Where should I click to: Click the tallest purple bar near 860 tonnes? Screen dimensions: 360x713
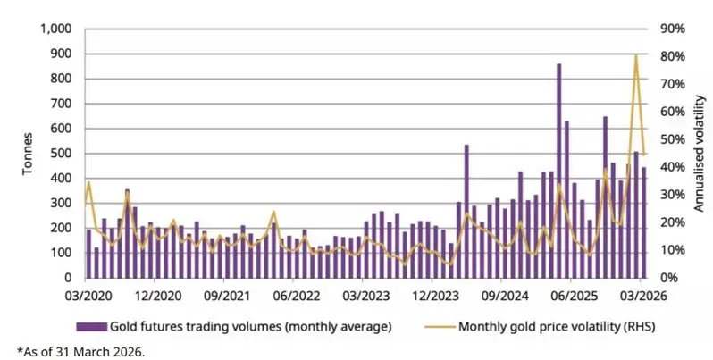click(x=559, y=170)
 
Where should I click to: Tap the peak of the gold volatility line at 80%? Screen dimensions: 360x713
click(x=636, y=55)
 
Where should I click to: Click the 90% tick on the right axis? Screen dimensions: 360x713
click(x=672, y=29)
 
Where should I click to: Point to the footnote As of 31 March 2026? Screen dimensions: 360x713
click(x=80, y=351)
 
